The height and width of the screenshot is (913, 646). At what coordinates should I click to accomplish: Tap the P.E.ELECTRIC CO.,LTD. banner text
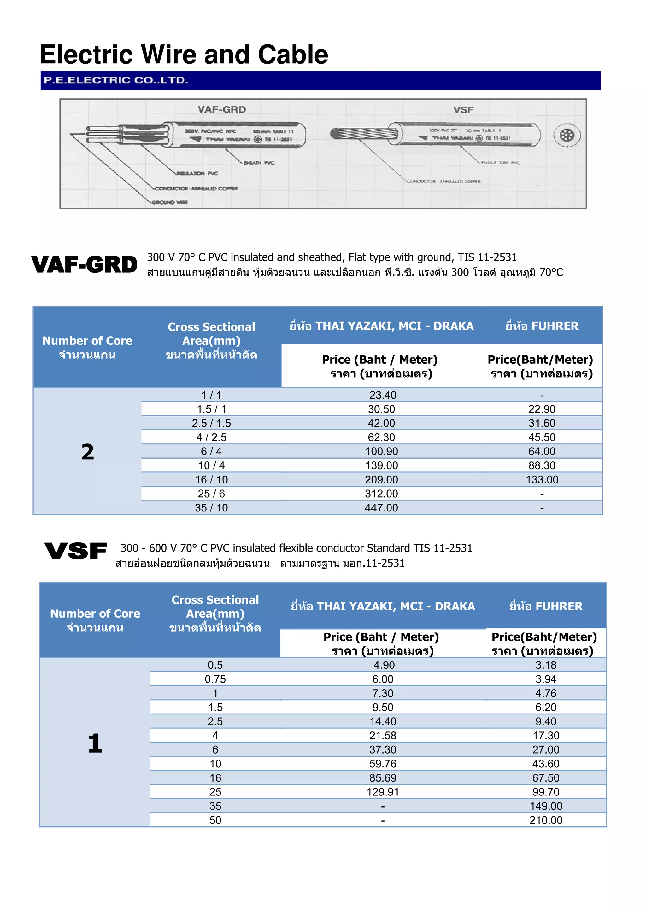pos(116,80)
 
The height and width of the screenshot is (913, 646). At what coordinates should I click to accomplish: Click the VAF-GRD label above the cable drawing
pos(222,109)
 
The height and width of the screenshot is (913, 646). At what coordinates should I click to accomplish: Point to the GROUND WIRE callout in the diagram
pos(170,202)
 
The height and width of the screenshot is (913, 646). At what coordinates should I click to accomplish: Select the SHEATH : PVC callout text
pos(259,163)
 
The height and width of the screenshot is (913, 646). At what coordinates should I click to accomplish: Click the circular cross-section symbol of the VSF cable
pos(567,136)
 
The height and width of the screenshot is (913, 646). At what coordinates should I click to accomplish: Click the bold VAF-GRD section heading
pos(85,265)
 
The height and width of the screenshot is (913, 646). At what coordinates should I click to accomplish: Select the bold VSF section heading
pos(76,551)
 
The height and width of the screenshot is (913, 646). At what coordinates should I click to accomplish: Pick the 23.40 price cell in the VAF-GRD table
pos(383,395)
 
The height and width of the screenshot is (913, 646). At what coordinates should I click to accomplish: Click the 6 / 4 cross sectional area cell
pos(211,451)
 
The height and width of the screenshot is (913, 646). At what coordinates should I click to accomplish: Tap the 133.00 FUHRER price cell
pos(542,480)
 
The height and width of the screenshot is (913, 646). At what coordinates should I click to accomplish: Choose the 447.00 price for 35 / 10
pos(381,508)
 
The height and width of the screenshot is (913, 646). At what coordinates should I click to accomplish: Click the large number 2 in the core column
pos(88,452)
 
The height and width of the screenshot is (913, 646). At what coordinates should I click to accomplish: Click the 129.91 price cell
pos(383,792)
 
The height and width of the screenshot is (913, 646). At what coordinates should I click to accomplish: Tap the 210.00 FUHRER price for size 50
pos(546,820)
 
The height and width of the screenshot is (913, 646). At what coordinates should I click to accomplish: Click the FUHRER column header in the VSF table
pos(546,606)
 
